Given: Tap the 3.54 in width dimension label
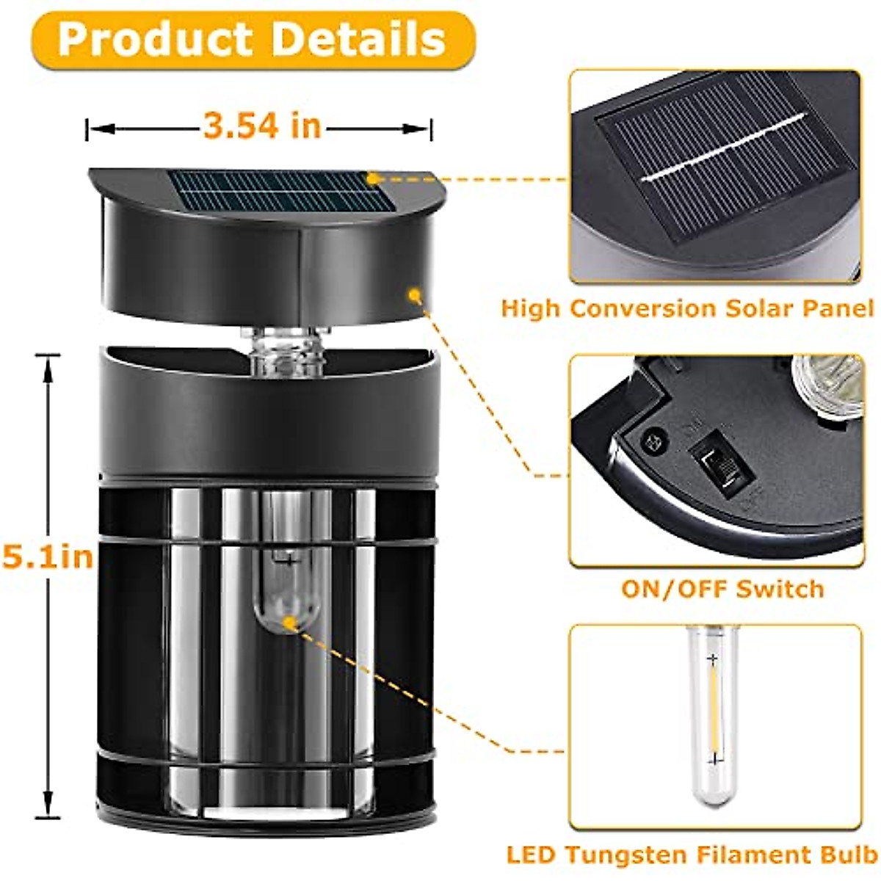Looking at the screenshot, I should (262, 126).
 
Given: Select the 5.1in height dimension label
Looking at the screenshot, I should (48, 556).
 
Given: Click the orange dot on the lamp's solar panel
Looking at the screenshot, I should (373, 178).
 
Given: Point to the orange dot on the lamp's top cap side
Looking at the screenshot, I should (414, 296).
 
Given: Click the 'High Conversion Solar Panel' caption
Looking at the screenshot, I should (687, 308).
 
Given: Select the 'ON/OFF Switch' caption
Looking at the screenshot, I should (722, 589).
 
